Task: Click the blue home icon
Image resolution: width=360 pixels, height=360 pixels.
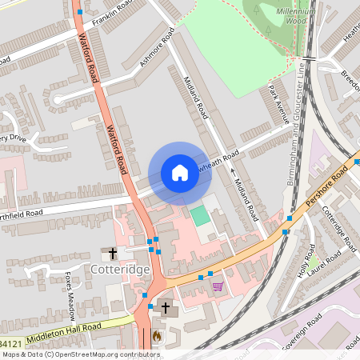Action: coord(179,173)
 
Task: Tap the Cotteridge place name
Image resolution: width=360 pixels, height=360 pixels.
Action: coord(125,270)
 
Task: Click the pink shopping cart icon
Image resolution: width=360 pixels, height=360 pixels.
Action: coord(217,286)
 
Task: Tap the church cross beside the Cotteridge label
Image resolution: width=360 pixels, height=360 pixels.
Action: coord(113,254)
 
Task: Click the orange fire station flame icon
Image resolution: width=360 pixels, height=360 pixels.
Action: coord(157,336)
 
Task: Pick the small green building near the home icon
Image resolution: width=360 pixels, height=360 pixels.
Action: coord(198,215)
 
